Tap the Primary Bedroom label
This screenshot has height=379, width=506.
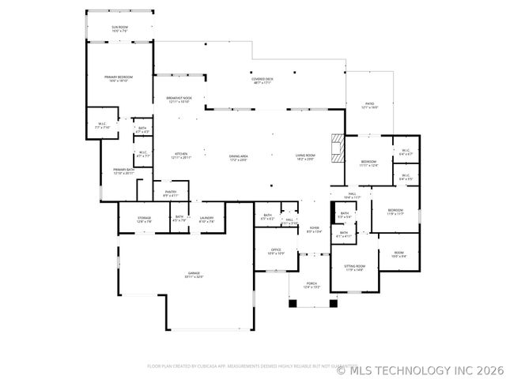(x=119, y=78)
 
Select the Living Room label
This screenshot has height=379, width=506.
(x=305, y=156)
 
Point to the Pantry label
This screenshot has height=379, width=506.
(x=171, y=193)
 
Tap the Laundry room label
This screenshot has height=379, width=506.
(x=207, y=220)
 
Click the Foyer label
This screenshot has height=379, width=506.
(x=315, y=230)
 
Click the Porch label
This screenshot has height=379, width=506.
(x=312, y=285)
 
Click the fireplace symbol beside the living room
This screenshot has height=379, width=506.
(x=338, y=148)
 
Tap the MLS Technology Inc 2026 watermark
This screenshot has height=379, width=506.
(x=419, y=368)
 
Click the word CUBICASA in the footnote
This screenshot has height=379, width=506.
(x=202, y=366)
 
